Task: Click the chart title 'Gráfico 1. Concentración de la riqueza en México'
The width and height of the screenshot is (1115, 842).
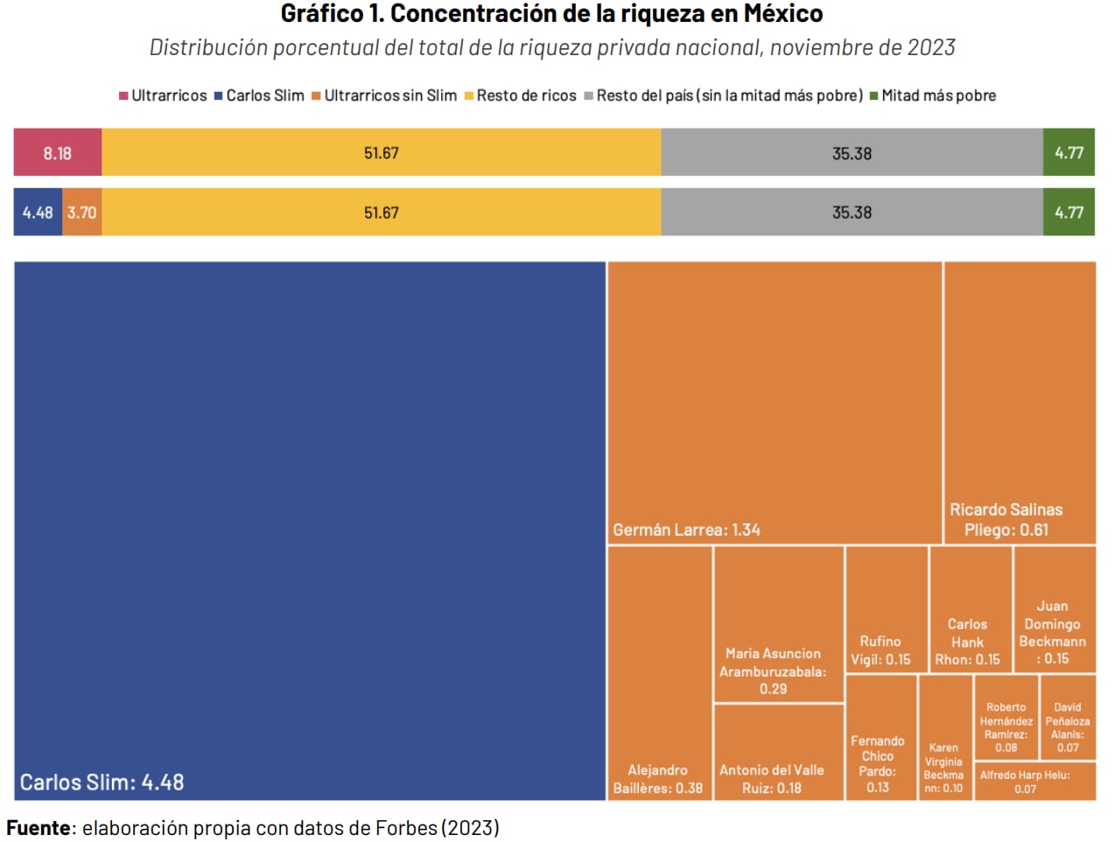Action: point(551,14)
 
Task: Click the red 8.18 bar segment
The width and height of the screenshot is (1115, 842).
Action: point(58,153)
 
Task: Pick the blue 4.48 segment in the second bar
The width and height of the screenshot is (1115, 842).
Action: point(38,213)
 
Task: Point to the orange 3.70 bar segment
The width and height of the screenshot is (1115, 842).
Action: point(82,213)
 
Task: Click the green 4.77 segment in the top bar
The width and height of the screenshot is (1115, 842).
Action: point(1069,153)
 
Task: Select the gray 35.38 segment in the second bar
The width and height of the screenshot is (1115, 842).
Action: point(852,213)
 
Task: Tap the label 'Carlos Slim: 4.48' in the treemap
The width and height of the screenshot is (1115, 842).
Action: point(102,782)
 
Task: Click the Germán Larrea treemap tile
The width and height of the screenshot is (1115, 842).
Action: point(775,403)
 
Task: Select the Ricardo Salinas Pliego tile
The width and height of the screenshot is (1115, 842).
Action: point(1020,403)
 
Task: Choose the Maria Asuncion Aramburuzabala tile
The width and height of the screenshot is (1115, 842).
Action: point(778,624)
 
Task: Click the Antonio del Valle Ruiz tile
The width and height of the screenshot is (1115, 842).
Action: point(778,753)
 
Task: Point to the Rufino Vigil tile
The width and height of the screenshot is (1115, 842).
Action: point(886,610)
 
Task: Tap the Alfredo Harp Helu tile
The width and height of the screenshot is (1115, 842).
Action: point(1034,782)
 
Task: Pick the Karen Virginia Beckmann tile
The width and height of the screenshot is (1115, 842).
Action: point(944,738)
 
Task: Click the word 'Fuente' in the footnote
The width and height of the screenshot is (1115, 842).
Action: point(39,828)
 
